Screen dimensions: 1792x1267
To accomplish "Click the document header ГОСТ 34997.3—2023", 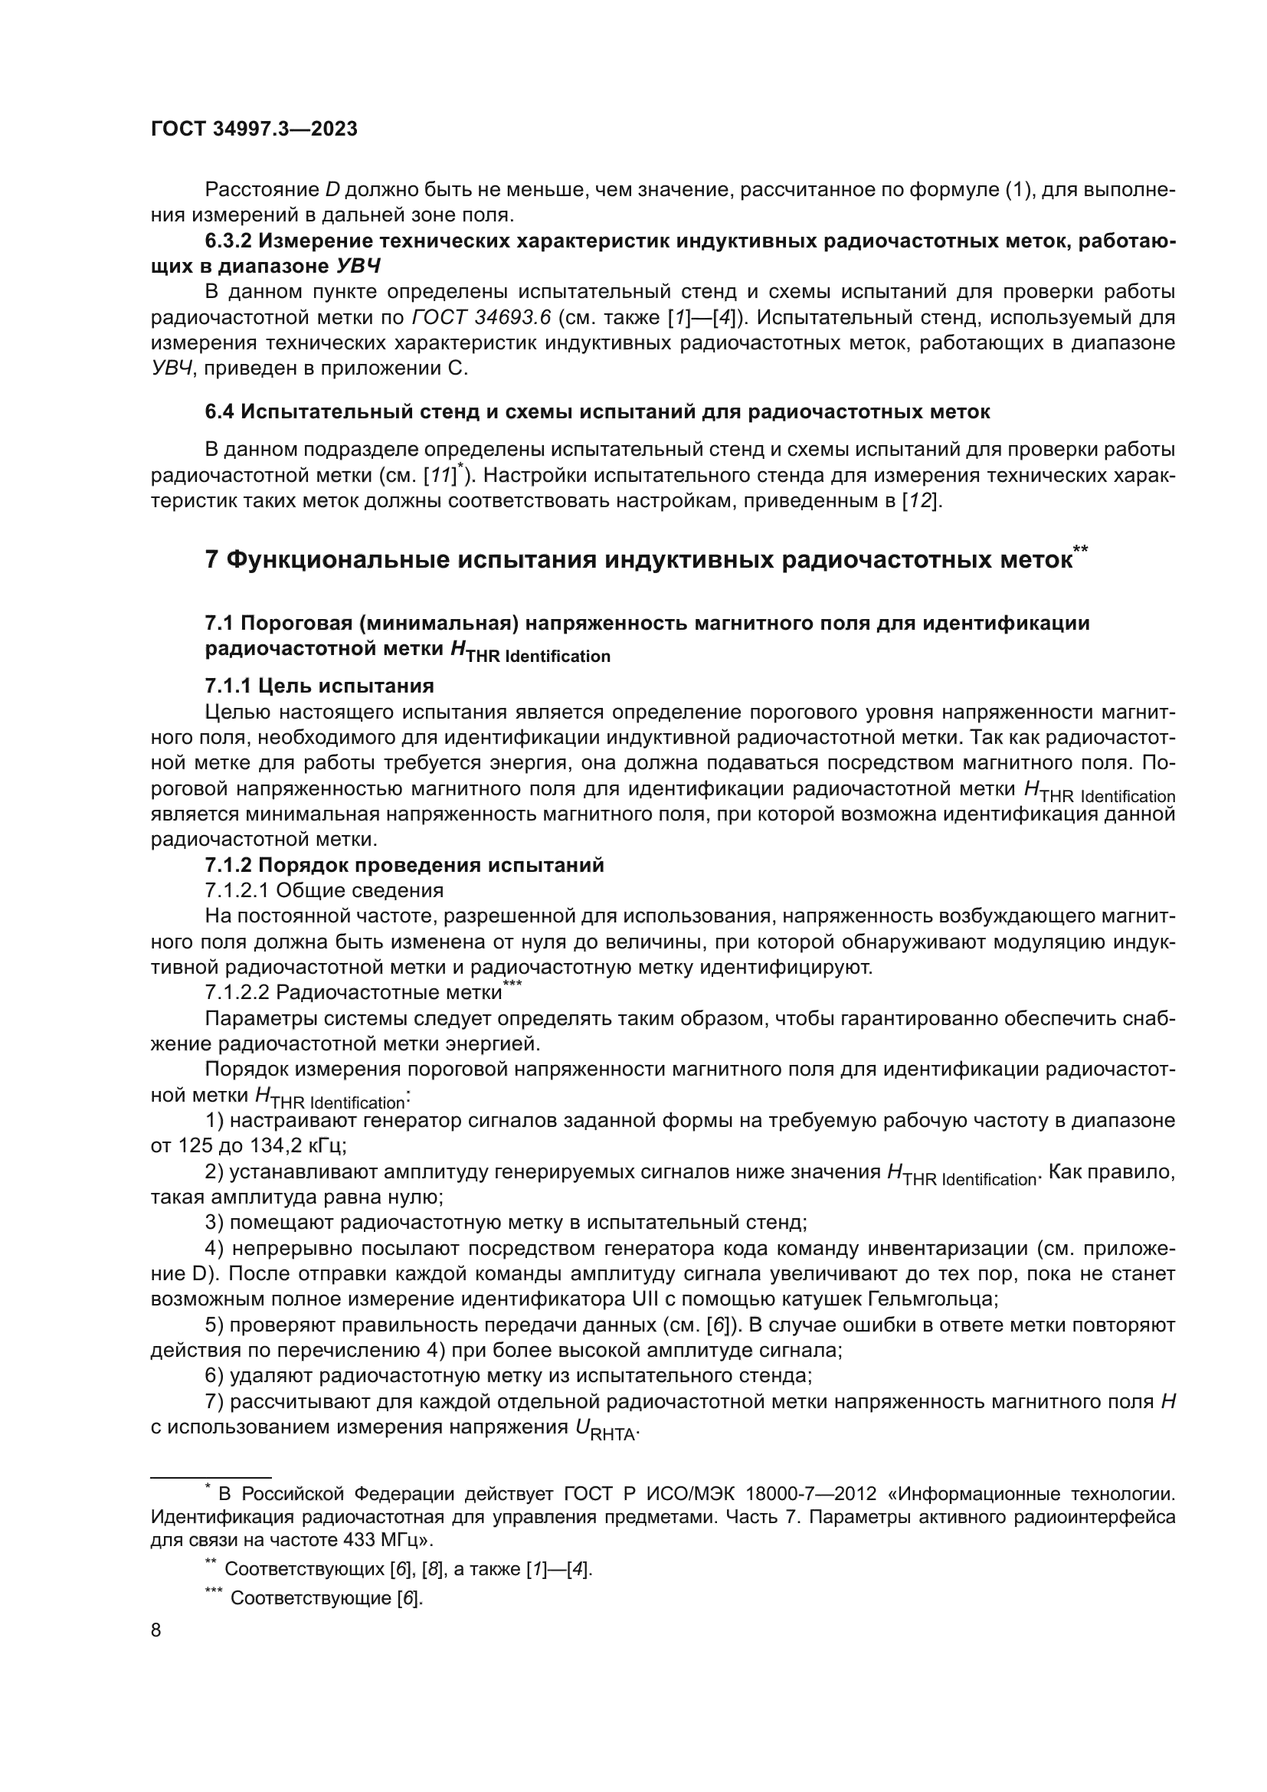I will click(254, 129).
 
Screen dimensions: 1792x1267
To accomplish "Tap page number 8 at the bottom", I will click(156, 1630).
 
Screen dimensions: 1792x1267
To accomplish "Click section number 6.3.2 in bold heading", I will click(231, 241).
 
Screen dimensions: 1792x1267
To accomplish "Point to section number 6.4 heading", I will click(219, 411).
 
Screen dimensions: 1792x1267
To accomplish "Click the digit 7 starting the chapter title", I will click(211, 560).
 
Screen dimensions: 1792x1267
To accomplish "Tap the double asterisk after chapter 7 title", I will click(1081, 550).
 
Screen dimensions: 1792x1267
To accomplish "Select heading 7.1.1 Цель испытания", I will click(319, 686).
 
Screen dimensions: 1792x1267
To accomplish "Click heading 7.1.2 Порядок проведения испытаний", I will click(404, 865).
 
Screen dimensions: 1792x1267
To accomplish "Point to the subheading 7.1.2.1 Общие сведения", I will click(324, 890).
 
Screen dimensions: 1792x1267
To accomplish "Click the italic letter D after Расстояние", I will click(332, 190).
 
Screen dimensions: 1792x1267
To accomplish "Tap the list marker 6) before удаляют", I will click(214, 1377).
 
